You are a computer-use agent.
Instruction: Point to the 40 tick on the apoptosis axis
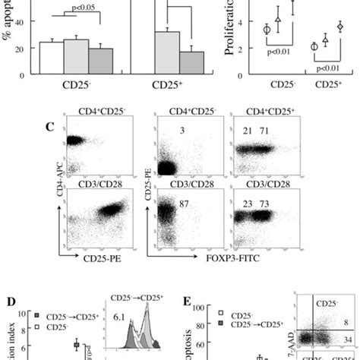click(x=21, y=23)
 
